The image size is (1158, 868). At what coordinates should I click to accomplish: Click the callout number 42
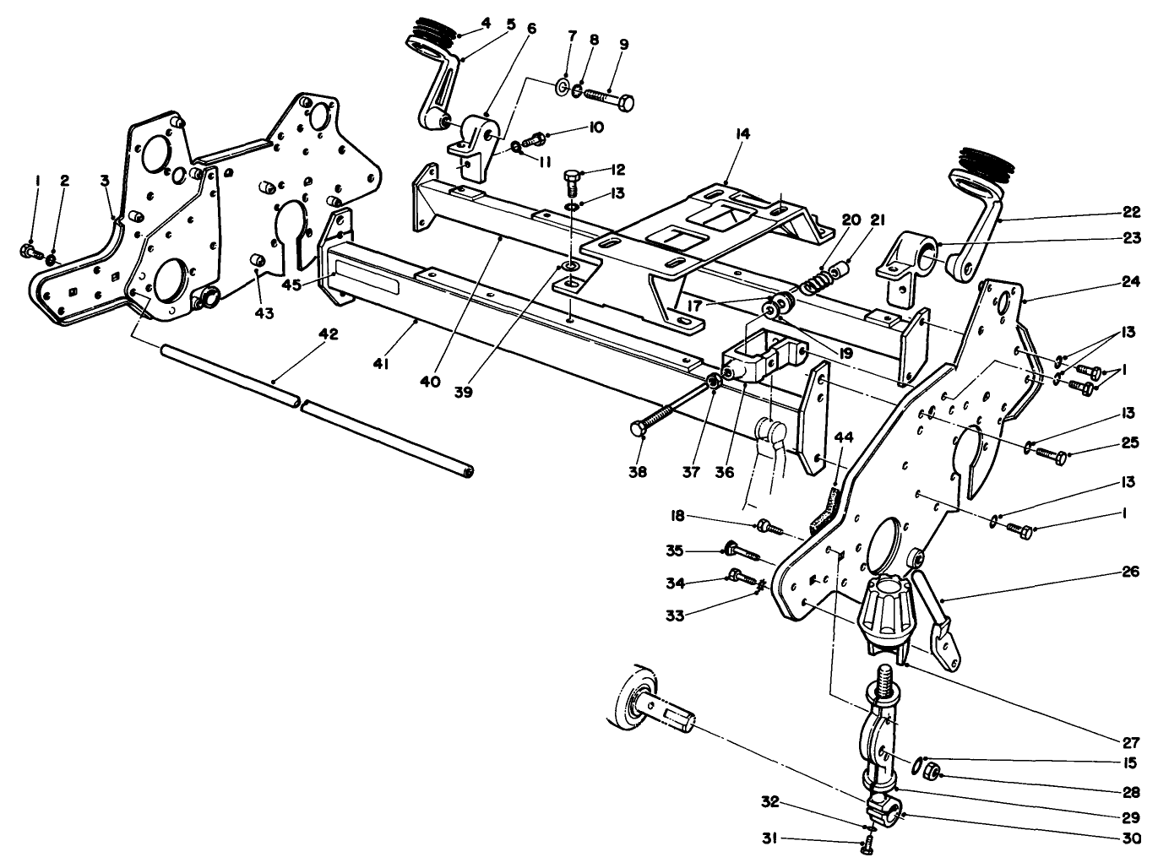(x=328, y=334)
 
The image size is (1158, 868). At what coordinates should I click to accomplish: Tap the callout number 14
(x=743, y=134)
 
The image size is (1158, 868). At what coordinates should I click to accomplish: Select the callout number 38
(x=638, y=472)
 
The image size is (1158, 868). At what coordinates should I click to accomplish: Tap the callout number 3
(x=104, y=181)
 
